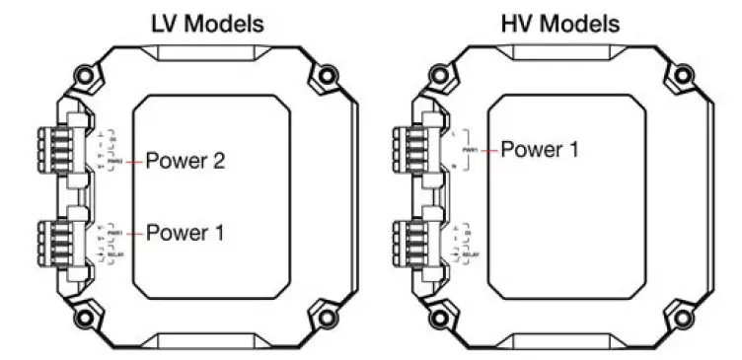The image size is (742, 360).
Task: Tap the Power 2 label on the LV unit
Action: pyautogui.click(x=186, y=161)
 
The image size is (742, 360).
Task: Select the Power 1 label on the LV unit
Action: pyautogui.click(x=186, y=234)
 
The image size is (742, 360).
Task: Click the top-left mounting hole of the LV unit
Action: pyautogui.click(x=87, y=74)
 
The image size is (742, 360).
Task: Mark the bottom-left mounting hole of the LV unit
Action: pyautogui.click(x=87, y=318)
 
